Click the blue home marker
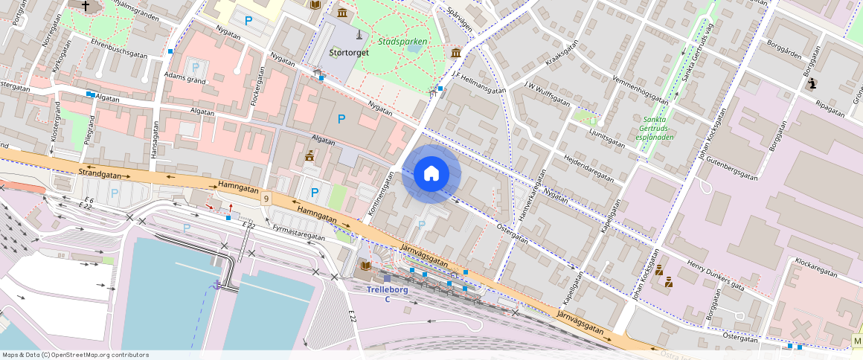[x=431, y=174]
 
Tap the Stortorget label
[x=350, y=53]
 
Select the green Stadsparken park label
[x=402, y=42]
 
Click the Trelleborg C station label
[x=387, y=294]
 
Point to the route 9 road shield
[x=266, y=198]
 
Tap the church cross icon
[x=86, y=6]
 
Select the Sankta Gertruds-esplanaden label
[x=655, y=127]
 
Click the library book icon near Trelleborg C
[x=365, y=266]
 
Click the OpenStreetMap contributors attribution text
[x=74, y=355]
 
